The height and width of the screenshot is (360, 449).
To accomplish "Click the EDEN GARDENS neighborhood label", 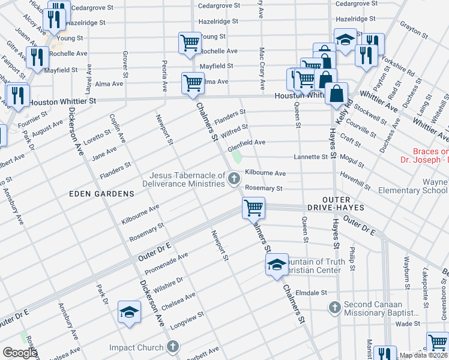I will pos(92,194).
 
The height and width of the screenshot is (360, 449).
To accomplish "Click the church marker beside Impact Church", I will pos(172,347).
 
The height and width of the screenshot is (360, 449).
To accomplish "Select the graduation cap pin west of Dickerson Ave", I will pos(129,312).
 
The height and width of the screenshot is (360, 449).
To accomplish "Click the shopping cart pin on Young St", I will pos(190,43).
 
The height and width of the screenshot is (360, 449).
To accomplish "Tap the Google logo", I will pos(19,353).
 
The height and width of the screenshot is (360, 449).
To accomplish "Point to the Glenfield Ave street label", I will pos(246,142).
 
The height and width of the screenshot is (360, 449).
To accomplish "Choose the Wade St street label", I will pos(408,323).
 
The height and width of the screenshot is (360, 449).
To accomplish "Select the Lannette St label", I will pos(310,157).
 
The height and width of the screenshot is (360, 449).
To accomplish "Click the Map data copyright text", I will pos(423,355).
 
